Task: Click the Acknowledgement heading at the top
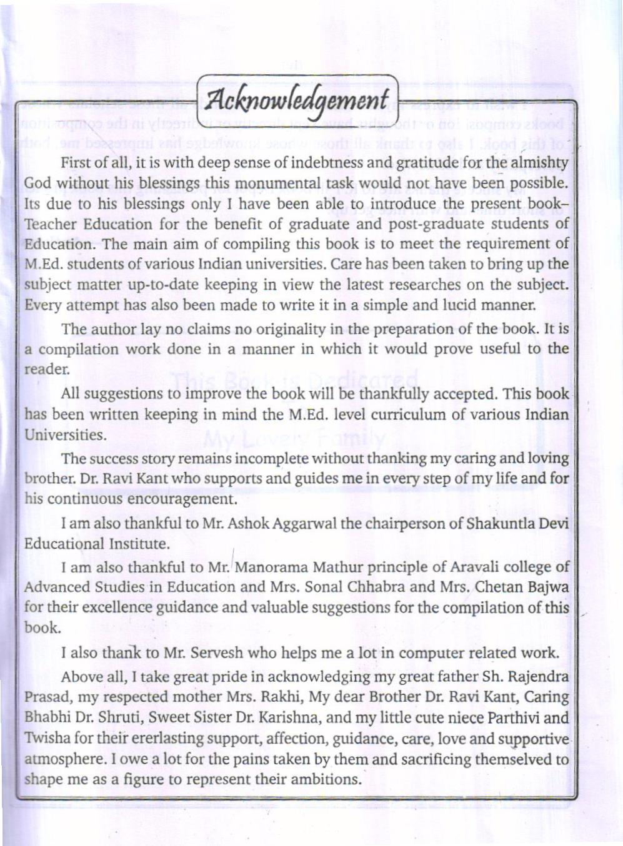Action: (297, 100)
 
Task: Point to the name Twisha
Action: (47, 739)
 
